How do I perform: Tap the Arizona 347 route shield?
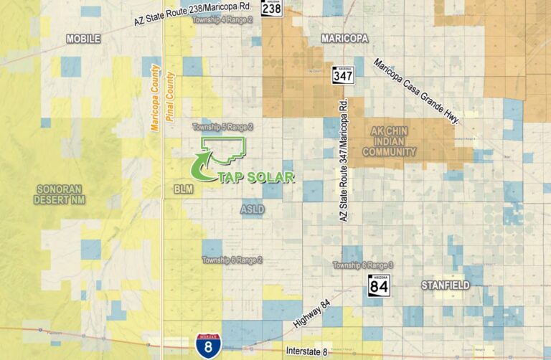tap(341, 74)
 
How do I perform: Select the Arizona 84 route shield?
tap(379, 285)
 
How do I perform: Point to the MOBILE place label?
tap(83, 39)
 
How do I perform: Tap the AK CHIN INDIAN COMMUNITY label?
tap(390, 141)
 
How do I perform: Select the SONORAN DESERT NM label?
tap(59, 194)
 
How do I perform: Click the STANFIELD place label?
tap(445, 285)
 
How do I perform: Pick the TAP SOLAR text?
tap(255, 177)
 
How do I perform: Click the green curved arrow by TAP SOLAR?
tap(200, 167)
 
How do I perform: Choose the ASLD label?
tap(253, 209)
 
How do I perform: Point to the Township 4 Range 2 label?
tap(222, 20)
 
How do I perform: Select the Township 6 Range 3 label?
tap(362, 265)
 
